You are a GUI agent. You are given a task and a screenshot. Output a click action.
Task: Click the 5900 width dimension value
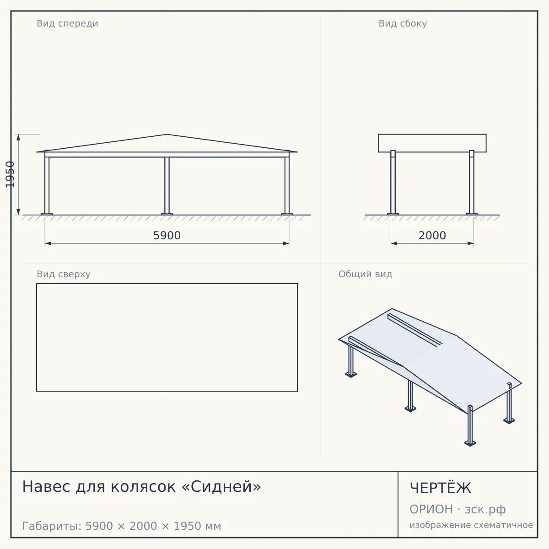[167, 236]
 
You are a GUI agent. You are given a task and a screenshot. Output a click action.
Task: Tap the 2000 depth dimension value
[432, 236]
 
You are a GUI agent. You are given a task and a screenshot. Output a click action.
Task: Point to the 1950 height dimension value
[10, 174]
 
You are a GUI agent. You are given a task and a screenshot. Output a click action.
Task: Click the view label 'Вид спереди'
[68, 23]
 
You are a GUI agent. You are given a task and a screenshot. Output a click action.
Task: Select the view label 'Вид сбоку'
[403, 23]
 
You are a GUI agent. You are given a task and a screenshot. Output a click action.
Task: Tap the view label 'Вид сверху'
[64, 274]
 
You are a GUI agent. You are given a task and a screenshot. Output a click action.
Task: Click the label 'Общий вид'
[365, 274]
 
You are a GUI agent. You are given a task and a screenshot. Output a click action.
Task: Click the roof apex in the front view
[167, 134]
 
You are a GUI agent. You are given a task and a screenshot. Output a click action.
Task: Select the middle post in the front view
[167, 186]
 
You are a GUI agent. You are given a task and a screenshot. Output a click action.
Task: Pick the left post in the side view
[393, 183]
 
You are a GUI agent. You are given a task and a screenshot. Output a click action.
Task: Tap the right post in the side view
[472, 183]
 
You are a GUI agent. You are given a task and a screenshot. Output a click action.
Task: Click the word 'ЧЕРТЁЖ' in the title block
[441, 488]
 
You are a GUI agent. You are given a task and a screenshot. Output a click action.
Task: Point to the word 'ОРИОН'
[431, 509]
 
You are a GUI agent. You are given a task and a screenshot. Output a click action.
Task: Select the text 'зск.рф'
[485, 510]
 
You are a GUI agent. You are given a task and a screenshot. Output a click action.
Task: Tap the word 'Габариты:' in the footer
[52, 526]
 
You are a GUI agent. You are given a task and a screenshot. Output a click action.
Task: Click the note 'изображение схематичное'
[471, 525]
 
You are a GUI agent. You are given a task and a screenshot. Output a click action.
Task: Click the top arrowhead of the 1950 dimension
[18, 137]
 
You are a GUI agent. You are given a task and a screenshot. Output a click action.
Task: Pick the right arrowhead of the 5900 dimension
[286, 243]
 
